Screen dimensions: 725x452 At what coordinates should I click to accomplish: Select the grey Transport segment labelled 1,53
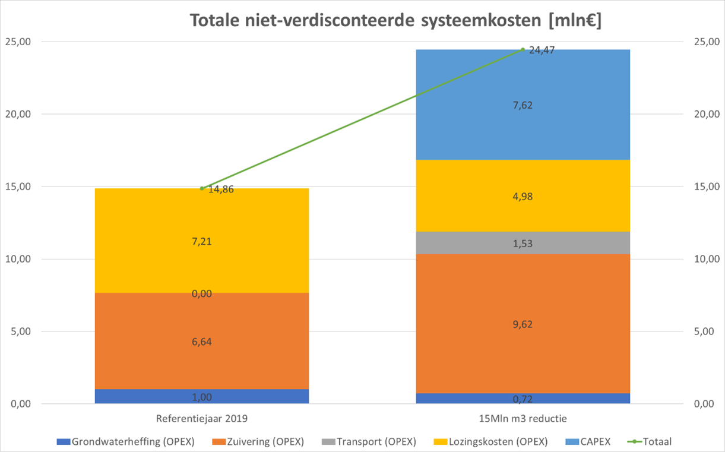click(523, 243)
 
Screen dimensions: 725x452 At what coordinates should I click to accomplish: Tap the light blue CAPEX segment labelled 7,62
click(523, 105)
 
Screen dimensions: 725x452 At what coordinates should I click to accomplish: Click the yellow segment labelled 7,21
click(202, 241)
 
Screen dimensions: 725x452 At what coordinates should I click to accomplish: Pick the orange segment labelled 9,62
click(523, 324)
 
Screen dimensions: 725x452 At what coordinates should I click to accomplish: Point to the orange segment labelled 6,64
click(202, 341)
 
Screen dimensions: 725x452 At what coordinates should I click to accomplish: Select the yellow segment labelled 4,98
click(523, 196)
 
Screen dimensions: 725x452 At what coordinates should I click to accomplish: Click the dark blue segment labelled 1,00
click(202, 396)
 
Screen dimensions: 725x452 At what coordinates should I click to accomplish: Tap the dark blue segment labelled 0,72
click(523, 399)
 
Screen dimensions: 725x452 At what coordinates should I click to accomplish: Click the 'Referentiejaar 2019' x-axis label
click(202, 419)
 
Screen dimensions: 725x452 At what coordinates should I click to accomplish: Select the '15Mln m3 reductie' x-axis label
click(523, 419)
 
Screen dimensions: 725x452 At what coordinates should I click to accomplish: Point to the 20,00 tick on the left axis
click(18, 114)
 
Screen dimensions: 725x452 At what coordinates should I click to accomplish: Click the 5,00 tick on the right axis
click(704, 331)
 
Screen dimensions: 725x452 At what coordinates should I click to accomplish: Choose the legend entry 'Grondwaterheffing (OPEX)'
click(125, 442)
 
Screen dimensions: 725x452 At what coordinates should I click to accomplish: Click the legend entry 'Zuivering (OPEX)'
click(258, 442)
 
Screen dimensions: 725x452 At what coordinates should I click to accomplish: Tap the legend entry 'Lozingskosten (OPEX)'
click(490, 442)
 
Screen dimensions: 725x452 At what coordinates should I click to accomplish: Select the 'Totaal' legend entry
click(649, 442)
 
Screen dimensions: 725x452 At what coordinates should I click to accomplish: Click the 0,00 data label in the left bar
click(202, 293)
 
